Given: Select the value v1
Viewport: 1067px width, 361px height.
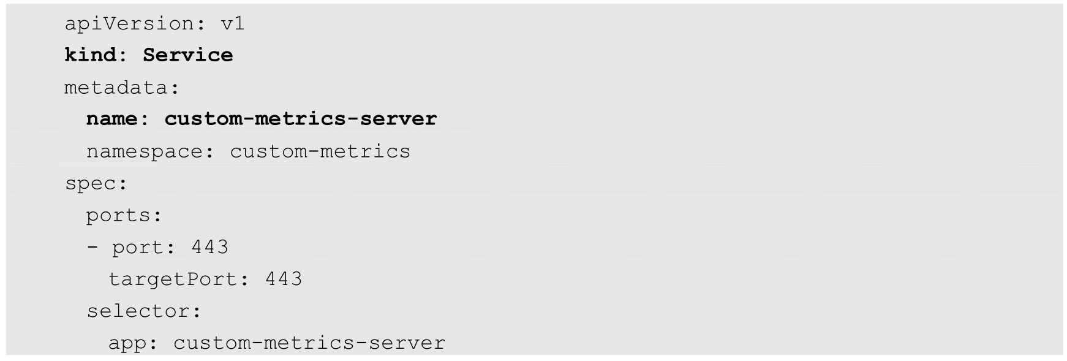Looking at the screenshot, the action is pos(233,24).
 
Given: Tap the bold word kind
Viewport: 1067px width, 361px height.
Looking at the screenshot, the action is pos(90,55).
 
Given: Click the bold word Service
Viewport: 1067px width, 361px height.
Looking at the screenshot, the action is pos(187,55).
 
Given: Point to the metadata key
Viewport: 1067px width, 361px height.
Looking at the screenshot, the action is pos(116,88).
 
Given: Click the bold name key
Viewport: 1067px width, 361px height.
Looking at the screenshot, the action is pos(111,119).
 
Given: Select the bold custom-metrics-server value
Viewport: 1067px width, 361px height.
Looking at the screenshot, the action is pos(300,119).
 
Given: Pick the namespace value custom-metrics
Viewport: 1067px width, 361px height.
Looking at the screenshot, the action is pos(320,151).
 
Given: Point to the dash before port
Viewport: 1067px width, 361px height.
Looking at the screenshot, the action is pos(92,248).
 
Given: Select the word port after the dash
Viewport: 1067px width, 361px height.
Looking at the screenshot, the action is pos(137,248).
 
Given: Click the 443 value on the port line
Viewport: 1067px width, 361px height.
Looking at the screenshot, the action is pos(210,248).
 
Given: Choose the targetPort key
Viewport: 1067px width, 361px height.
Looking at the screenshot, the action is pos(172,279).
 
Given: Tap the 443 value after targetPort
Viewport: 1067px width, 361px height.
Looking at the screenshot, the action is pos(284,279).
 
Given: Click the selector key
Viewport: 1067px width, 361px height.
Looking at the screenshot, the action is pos(138,311).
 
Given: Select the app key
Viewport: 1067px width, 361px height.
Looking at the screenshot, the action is pos(127,343).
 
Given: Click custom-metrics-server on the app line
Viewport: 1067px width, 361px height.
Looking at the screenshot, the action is pos(309,343).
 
